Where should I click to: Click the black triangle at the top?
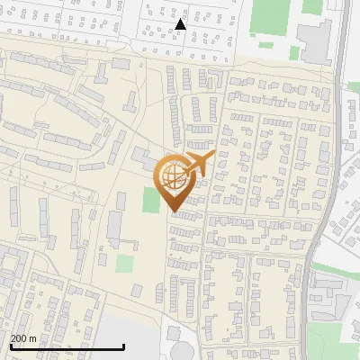[181, 24]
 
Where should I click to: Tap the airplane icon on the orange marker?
[196, 165]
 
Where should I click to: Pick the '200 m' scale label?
[24, 337]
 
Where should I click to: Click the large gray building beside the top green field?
[314, 40]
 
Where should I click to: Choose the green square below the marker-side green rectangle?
[125, 265]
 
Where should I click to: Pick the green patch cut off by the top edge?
[312, 5]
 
